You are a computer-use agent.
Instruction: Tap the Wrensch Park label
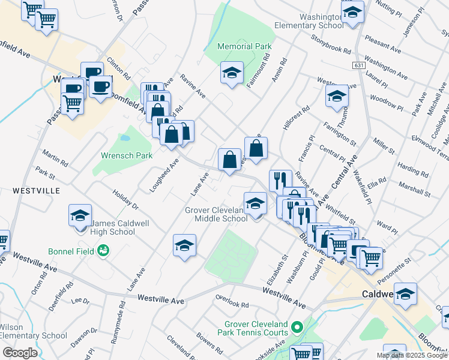pyautogui.click(x=127, y=155)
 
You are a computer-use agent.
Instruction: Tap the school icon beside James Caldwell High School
pyautogui.click(x=80, y=217)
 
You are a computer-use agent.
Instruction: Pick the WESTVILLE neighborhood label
pyautogui.click(x=36, y=190)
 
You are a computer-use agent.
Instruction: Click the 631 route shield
pyautogui.click(x=359, y=65)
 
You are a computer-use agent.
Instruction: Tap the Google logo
pyautogui.click(x=20, y=353)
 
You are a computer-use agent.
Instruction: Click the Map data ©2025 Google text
pyautogui.click(x=412, y=355)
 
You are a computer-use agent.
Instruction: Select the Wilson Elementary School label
pyautogui.click(x=33, y=331)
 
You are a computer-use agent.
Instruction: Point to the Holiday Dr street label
pyautogui.click(x=125, y=199)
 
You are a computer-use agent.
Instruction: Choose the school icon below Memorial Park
pyautogui.click(x=232, y=74)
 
